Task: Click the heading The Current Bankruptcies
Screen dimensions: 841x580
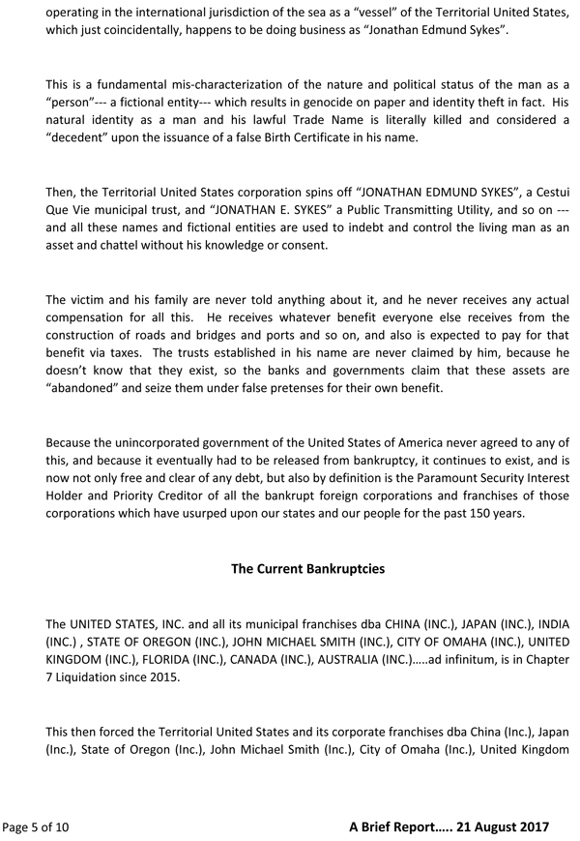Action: pyautogui.click(x=307, y=568)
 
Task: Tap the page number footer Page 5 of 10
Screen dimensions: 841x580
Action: pyautogui.click(x=36, y=826)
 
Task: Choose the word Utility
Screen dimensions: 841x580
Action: pyautogui.click(x=419, y=211)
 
